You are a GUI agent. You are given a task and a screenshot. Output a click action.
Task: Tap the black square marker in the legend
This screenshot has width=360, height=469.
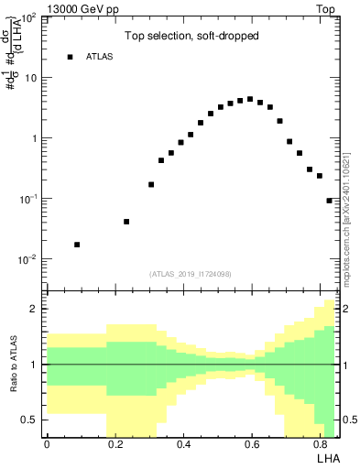[70, 57]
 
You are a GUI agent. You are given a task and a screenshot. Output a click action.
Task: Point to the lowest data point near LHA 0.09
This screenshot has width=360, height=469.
[77, 245]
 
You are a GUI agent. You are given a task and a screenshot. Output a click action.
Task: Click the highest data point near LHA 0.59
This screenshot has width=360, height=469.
[250, 99]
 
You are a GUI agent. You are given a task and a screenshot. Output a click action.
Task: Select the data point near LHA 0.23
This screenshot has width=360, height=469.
[126, 222]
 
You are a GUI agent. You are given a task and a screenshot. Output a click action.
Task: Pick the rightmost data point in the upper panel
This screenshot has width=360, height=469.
[329, 200]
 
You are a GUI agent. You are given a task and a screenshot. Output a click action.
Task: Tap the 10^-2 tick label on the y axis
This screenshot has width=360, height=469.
[27, 260]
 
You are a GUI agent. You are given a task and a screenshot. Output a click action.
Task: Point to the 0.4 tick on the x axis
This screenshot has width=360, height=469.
[184, 444]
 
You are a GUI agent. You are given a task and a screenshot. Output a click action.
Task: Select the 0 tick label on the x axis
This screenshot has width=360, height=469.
[47, 444]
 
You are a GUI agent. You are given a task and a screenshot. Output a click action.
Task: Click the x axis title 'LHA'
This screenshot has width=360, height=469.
[326, 458]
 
